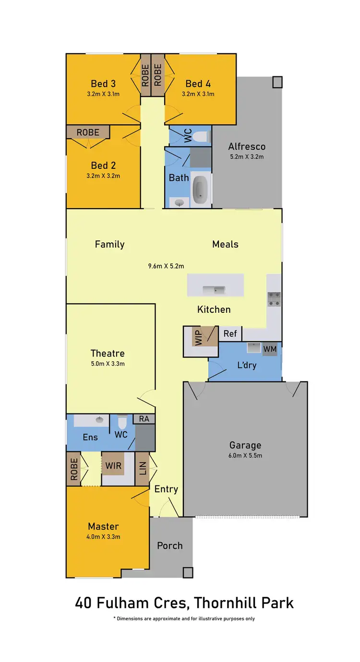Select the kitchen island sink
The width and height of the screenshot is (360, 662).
tap(214, 290)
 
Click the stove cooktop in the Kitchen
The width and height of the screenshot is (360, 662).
tap(274, 299)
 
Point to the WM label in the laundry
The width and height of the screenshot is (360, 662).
tap(270, 349)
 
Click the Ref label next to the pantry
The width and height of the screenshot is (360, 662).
tap(230, 333)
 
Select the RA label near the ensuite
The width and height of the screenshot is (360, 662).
tap(144, 419)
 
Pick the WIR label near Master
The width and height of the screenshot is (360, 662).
tap(113, 465)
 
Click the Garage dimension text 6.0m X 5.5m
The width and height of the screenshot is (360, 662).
tap(245, 456)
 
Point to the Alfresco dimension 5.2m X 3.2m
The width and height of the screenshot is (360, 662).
tap(247, 157)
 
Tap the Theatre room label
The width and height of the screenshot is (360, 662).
tap(108, 354)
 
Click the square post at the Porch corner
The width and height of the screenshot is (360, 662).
tap(188, 572)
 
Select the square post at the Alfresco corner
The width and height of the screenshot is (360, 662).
tap(277, 82)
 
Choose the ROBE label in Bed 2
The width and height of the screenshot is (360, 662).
tap(88, 132)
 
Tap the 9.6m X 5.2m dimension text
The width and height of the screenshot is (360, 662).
tap(166, 266)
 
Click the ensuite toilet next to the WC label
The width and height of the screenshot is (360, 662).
tap(122, 423)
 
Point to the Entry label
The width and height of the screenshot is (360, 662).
tap(166, 489)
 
